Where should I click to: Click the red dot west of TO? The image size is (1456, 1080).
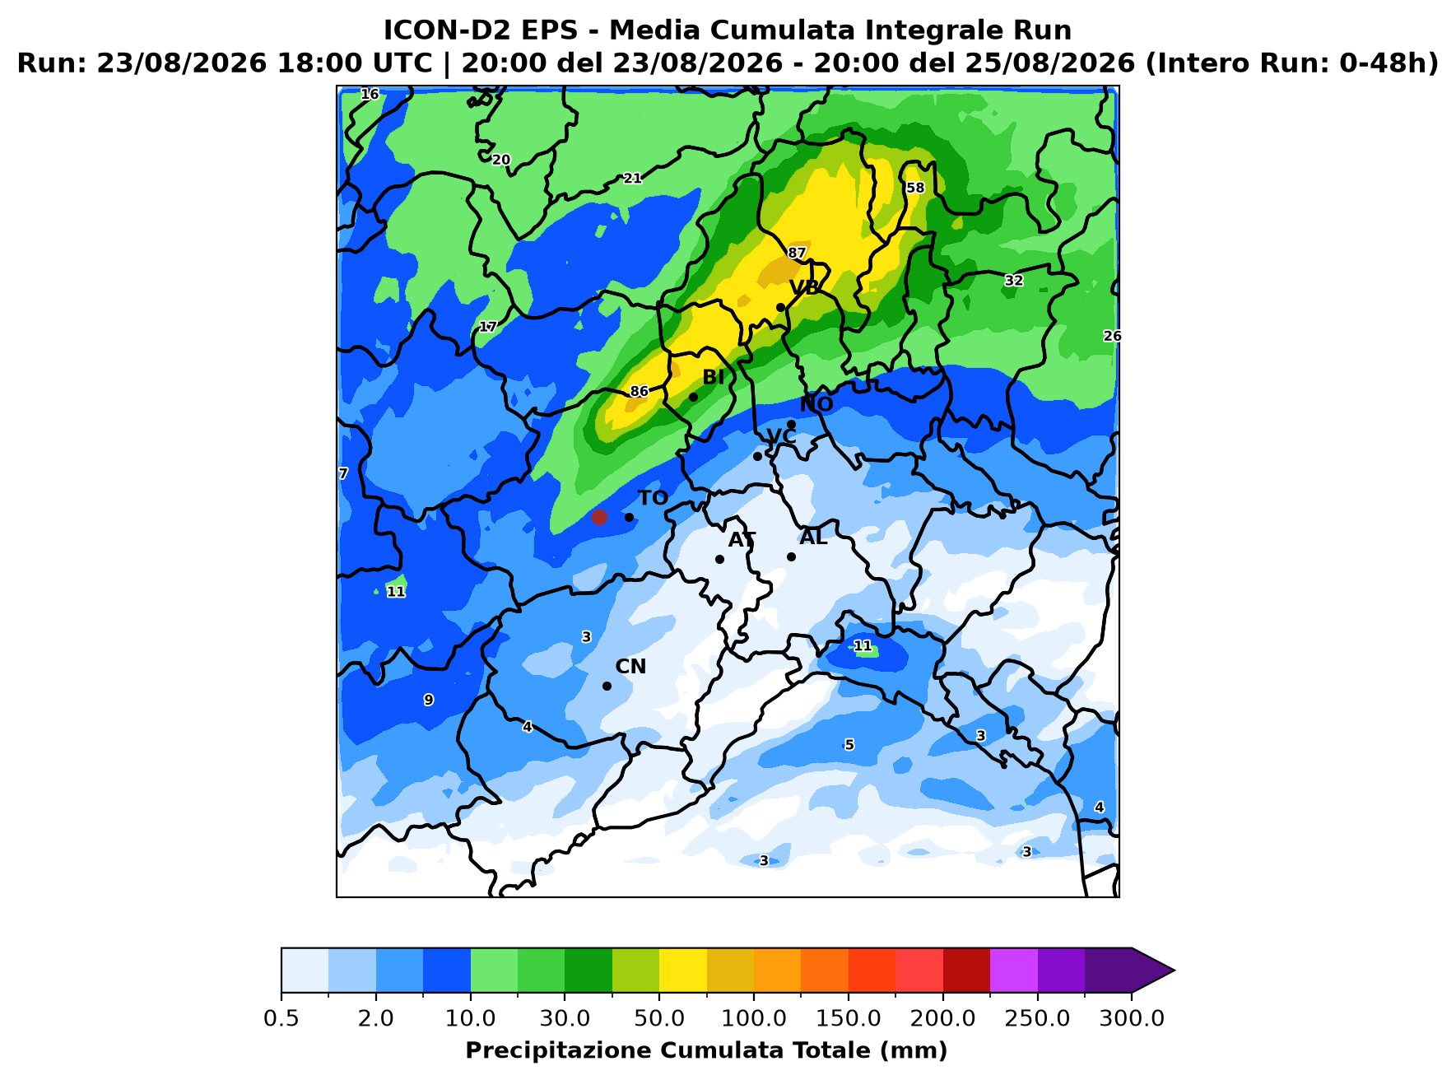[x=599, y=517]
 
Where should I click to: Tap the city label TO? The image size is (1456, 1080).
[x=654, y=498]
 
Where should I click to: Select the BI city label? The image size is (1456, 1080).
[x=714, y=377]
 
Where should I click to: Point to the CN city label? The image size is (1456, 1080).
[x=630, y=666]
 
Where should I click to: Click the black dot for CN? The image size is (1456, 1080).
[x=607, y=686]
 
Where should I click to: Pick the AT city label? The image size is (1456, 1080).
[x=742, y=539]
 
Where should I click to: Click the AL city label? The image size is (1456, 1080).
[x=813, y=538]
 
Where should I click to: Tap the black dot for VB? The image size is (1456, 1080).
[x=780, y=307]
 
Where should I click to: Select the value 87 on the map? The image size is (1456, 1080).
[x=797, y=253]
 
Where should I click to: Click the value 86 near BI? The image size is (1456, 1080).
[x=640, y=391]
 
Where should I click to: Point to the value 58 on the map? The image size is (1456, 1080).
[x=915, y=188]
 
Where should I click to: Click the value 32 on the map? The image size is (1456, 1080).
[x=1014, y=281]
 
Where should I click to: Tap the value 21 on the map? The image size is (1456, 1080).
[x=632, y=178]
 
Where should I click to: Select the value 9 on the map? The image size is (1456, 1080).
[x=428, y=700]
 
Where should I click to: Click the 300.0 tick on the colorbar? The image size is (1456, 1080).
[x=1132, y=1017]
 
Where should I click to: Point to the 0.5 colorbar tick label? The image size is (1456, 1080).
[x=281, y=1017]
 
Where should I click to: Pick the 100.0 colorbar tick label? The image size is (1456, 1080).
[x=753, y=1017]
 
